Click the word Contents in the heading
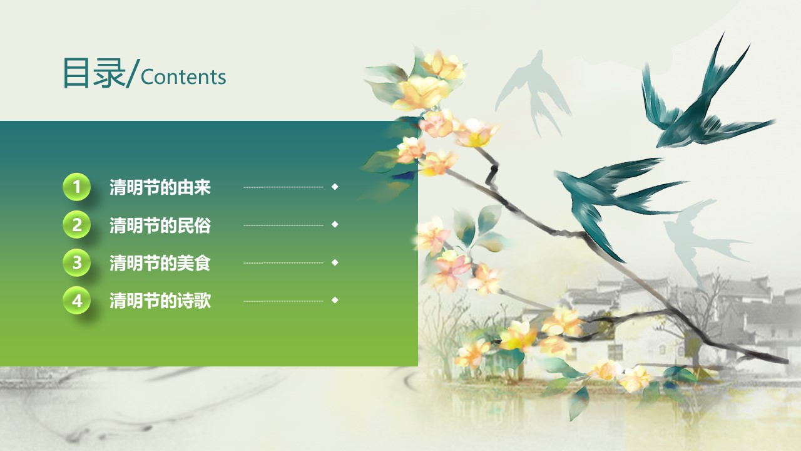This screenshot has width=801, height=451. [x=183, y=77]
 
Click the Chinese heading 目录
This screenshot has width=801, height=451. [x=94, y=73]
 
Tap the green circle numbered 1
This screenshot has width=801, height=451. [x=76, y=187]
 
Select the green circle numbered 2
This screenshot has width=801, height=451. [x=76, y=225]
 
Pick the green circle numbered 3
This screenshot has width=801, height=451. [x=76, y=262]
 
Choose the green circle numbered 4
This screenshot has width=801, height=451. [x=76, y=301]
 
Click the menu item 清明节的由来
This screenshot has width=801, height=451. [x=160, y=187]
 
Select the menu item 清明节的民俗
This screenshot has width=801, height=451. [x=160, y=225]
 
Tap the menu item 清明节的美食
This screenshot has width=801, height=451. [x=160, y=263]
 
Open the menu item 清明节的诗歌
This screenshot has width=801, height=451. [x=160, y=301]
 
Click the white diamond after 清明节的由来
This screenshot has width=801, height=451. [x=335, y=187]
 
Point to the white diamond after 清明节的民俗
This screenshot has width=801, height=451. [x=335, y=224]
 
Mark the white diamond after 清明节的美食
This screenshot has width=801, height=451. [x=335, y=262]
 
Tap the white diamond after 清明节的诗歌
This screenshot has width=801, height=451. [x=335, y=300]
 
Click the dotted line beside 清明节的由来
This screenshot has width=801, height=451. [x=283, y=187]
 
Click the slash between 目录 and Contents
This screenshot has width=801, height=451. [x=132, y=73]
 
